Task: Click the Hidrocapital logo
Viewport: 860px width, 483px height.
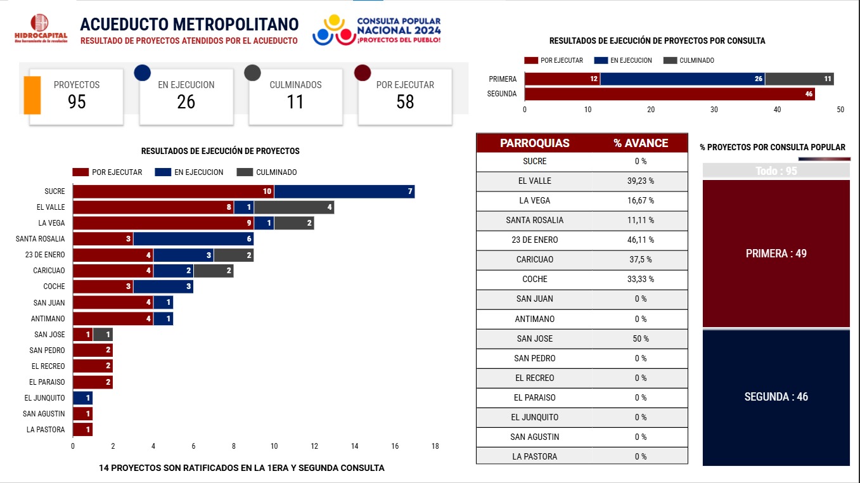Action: point(40,29)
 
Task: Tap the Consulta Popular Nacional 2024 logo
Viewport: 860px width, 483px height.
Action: point(376,30)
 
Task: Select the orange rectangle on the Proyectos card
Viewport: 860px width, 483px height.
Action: point(32,95)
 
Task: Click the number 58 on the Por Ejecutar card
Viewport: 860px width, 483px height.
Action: point(405,102)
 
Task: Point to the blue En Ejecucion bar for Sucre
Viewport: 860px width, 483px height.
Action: point(344,191)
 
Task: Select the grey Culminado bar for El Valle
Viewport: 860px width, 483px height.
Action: point(294,207)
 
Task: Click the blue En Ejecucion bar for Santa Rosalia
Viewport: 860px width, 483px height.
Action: point(193,239)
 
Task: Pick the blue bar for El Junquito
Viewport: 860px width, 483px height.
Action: point(82,398)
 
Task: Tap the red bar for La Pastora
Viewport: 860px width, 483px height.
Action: point(82,430)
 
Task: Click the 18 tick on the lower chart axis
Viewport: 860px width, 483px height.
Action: point(435,446)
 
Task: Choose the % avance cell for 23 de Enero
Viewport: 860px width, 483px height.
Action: point(640,240)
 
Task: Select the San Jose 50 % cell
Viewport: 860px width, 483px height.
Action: point(640,338)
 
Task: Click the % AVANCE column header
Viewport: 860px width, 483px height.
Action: point(640,143)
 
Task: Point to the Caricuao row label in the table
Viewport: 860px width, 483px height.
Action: point(534,260)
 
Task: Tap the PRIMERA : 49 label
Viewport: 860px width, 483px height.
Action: point(776,254)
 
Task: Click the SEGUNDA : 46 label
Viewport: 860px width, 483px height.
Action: point(776,397)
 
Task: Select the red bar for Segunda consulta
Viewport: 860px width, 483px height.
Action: point(670,94)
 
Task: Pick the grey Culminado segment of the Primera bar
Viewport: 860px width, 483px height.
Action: point(799,79)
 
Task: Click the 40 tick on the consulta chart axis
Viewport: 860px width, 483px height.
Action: point(778,110)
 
